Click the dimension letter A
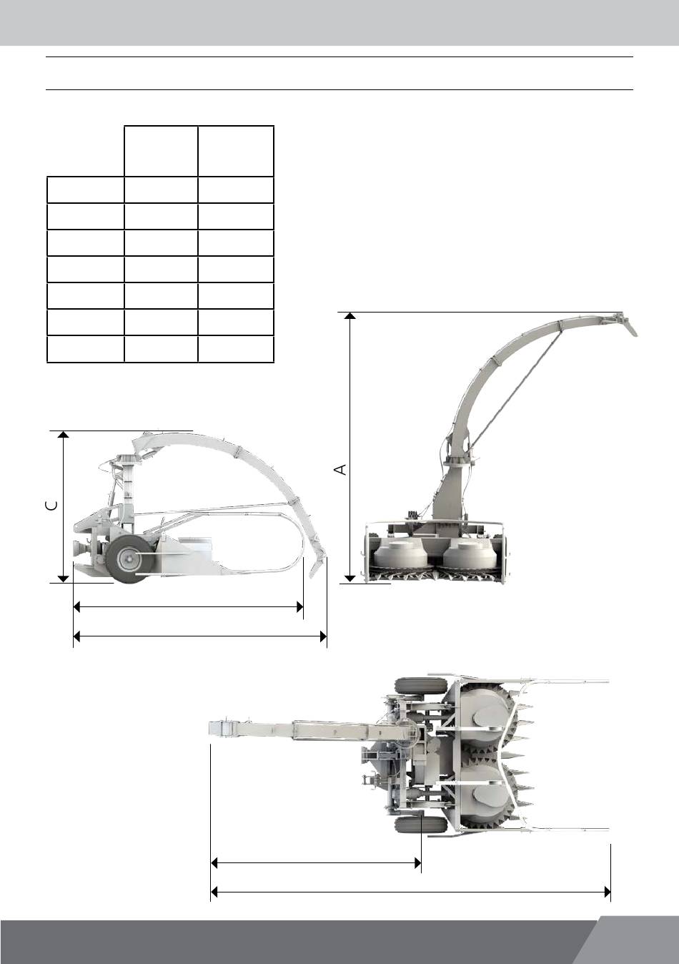tap(340, 469)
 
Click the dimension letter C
tap(51, 505)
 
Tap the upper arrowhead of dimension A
tap(350, 316)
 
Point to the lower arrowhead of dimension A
tap(350, 579)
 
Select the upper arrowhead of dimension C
tap(63, 435)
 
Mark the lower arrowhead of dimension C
tap(63, 579)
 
